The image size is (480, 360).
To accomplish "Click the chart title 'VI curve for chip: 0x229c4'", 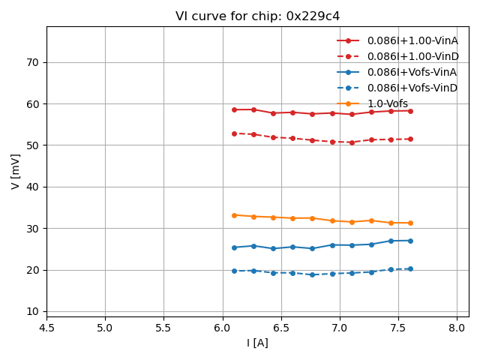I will [x=257, y=16].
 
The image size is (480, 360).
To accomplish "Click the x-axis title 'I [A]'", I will [x=257, y=343].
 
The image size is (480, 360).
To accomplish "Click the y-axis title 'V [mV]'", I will [x=16, y=171].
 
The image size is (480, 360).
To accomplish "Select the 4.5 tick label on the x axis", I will [x=46, y=328].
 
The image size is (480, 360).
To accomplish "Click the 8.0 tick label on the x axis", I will [x=457, y=328].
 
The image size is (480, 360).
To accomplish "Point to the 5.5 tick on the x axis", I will [x=163, y=328].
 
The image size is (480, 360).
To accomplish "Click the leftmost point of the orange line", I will [x=234, y=215].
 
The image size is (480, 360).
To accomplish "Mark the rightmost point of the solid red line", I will [x=410, y=111].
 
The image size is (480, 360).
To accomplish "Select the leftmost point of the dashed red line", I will [x=234, y=133].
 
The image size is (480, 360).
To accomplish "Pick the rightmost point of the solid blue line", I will [x=410, y=241].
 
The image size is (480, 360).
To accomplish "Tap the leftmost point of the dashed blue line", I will [x=234, y=271].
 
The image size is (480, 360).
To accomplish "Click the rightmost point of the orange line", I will [x=410, y=223].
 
